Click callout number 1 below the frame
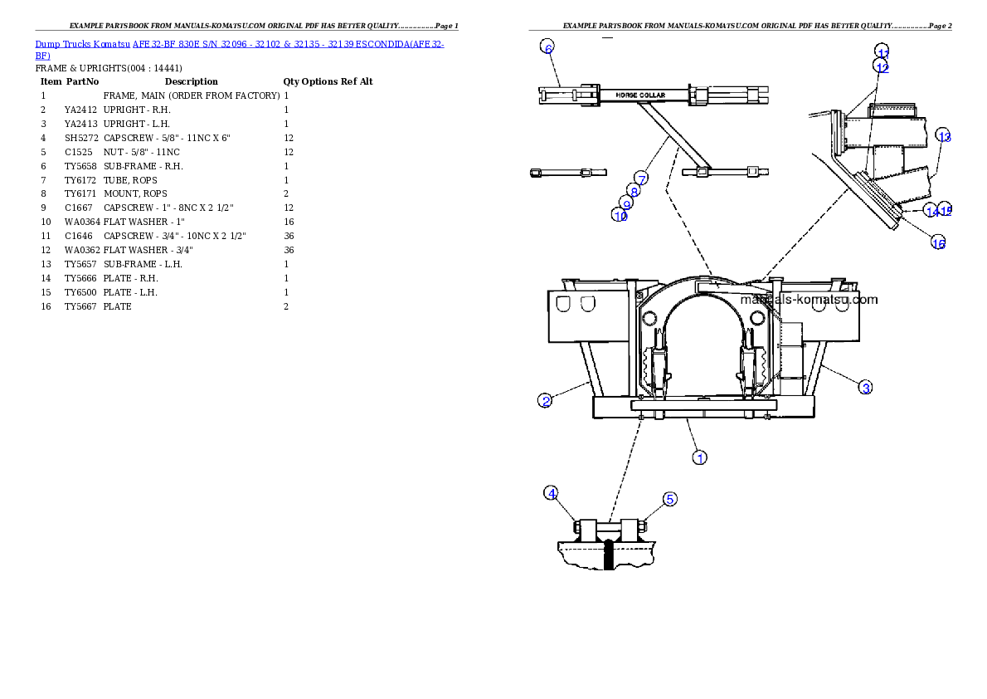700,457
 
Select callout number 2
546,401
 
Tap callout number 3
864,387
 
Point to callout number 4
552,493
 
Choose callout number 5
669,499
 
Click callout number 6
548,47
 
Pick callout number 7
641,178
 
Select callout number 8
634,191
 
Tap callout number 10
620,215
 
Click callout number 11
882,51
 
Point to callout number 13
943,136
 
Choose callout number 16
938,242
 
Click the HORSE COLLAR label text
639,95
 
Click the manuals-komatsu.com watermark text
808,300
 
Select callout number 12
881,66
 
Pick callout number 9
627,203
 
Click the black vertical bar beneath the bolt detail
610,555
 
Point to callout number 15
946,211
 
